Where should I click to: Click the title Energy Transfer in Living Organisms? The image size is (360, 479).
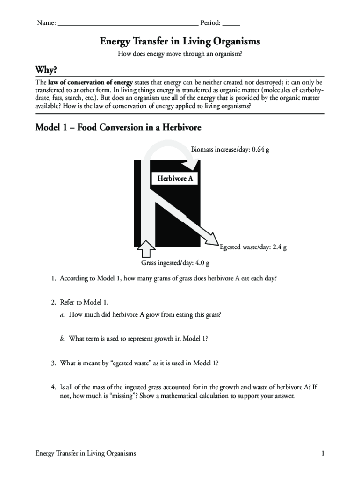[180, 42]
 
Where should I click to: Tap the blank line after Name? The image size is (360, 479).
[127, 23]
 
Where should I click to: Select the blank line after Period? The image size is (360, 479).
[231, 23]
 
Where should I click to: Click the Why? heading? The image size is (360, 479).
[46, 70]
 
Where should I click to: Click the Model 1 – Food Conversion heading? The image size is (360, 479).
[118, 127]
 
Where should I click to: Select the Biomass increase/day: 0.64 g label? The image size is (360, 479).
[230, 150]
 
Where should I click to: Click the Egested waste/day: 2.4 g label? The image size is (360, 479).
[253, 247]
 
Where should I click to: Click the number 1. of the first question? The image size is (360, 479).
[54, 278]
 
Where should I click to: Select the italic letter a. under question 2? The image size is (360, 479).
[62, 315]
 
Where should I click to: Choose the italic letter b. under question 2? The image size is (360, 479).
[62, 339]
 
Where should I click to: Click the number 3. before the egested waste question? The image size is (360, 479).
[54, 363]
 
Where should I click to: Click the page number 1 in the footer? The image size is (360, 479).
[323, 453]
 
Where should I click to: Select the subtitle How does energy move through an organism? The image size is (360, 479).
[180, 54]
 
